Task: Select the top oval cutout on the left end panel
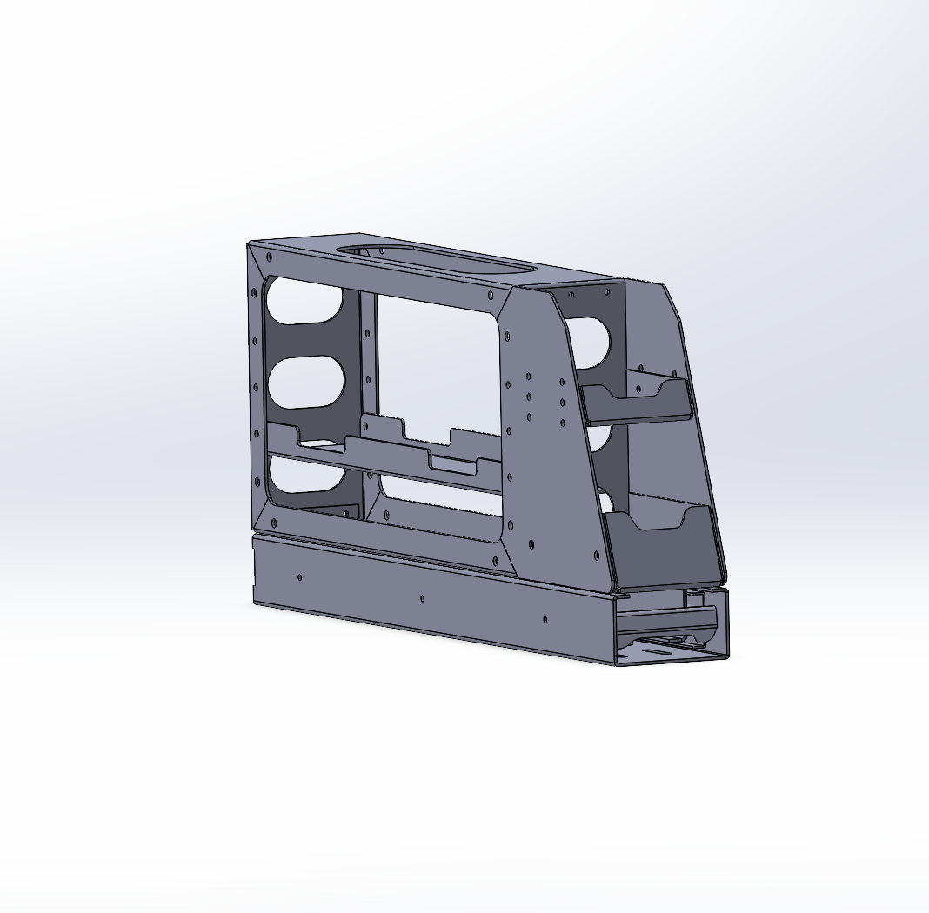304,301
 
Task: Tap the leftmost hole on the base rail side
300,576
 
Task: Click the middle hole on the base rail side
423,598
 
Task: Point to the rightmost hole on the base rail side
545,619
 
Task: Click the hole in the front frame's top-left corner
269,257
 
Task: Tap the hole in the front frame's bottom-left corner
274,523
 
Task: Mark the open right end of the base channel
670,626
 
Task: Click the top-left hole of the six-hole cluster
529,377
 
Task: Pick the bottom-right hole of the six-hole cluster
564,423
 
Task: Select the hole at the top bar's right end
493,296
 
